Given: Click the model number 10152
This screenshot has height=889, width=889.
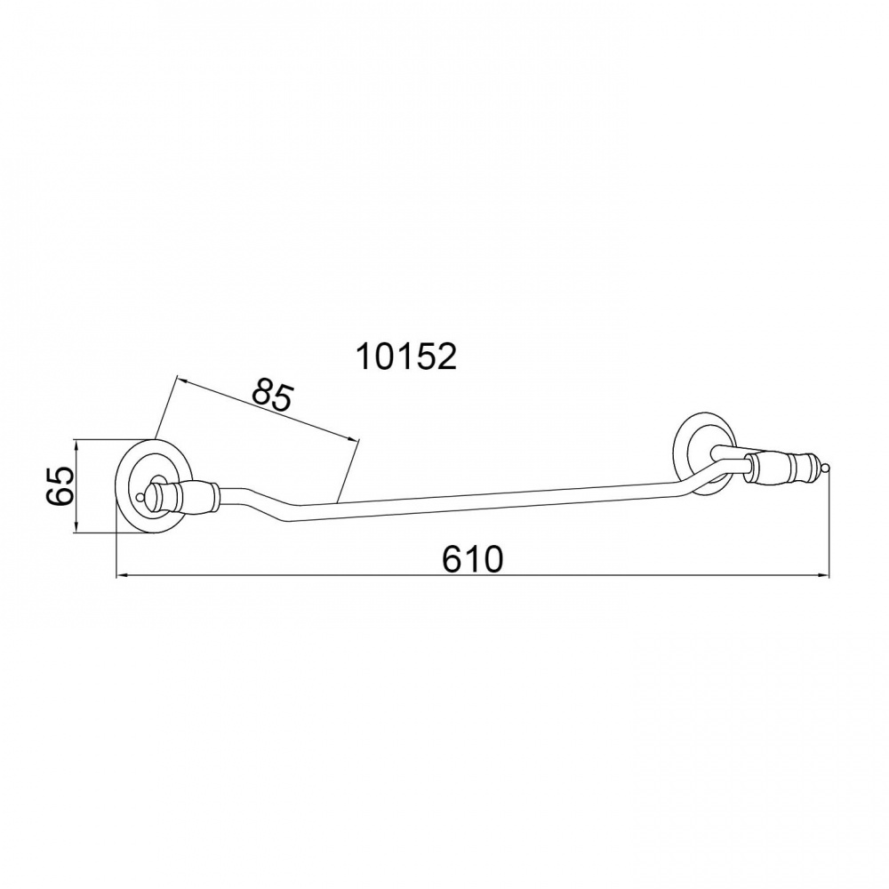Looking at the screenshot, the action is [406, 357].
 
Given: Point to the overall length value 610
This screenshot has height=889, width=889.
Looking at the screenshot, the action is [472, 559].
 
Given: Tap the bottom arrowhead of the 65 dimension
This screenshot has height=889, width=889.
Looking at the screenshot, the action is [76, 528].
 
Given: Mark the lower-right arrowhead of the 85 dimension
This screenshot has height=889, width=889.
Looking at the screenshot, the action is [355, 437].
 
